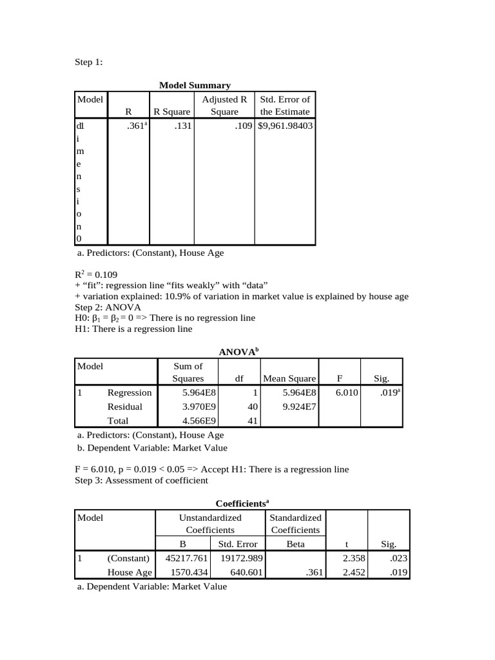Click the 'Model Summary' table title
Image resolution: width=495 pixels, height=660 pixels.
[x=195, y=85]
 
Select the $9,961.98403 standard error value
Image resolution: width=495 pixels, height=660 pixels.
[x=285, y=126]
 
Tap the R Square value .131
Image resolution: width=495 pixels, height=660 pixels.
[x=183, y=126]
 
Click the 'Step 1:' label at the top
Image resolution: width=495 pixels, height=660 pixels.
[x=89, y=62]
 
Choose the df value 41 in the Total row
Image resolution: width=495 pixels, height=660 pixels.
[x=253, y=421]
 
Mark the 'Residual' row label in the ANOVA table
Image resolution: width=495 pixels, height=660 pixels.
[x=125, y=407]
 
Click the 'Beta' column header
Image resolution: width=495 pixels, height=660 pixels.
[x=295, y=544]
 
